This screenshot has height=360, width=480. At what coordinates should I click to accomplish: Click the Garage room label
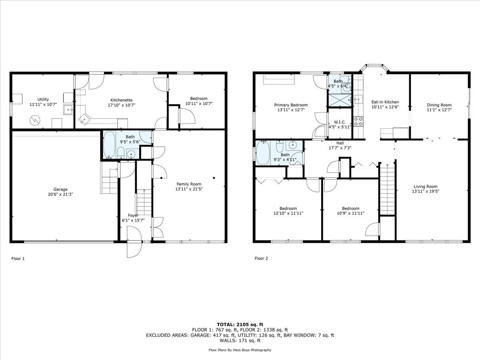(x=60, y=189)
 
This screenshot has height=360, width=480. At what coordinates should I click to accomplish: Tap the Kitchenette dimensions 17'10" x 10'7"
(x=121, y=105)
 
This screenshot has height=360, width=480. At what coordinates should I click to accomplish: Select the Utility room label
(x=43, y=99)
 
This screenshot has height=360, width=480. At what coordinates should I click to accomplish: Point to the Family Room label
(x=189, y=184)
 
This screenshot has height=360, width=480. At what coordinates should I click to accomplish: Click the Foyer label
(x=133, y=216)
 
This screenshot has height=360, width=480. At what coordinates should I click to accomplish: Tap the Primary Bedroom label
(x=291, y=105)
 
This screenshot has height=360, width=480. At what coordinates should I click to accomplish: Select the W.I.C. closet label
(x=340, y=122)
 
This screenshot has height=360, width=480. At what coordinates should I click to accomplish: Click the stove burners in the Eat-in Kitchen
(x=358, y=122)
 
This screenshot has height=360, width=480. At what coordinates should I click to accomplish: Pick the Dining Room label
(x=439, y=105)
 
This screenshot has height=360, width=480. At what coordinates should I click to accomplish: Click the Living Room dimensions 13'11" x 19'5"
(x=425, y=191)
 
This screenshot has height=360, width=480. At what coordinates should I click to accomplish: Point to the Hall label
(x=340, y=143)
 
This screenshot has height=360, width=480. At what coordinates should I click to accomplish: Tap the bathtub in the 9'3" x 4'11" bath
(x=263, y=153)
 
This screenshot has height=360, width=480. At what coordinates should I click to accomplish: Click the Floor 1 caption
(x=18, y=258)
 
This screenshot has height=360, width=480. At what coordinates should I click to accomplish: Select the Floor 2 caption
(x=261, y=258)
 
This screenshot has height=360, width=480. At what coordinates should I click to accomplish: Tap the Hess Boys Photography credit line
(x=240, y=350)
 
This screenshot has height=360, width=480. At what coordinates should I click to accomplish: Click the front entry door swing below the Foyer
(x=134, y=242)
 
